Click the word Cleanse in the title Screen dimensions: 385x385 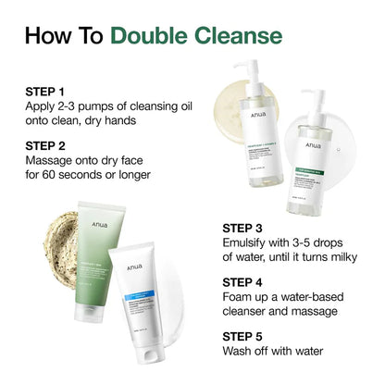pyautogui.click(x=237, y=36)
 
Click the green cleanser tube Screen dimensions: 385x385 pyautogui.click(x=110, y=250)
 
